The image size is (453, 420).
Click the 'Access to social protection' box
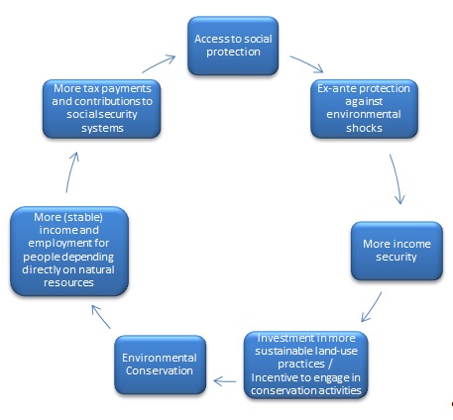pyautogui.click(x=233, y=46)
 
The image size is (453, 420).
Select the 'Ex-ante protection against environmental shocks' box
pyautogui.click(x=364, y=109)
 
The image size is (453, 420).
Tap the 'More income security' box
pyautogui.click(x=396, y=251)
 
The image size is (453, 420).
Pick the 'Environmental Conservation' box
pyautogui.click(x=161, y=365)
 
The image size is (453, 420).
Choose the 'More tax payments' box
pyautogui.click(x=102, y=109)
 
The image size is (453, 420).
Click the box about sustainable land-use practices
pyautogui.click(x=306, y=365)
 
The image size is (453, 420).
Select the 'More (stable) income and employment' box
pyautogui.click(x=69, y=251)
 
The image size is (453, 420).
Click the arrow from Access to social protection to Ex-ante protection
pyautogui.click(x=306, y=64)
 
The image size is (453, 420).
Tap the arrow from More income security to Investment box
pyautogui.click(x=372, y=307)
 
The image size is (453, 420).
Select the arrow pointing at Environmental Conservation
pyautogui.click(x=225, y=381)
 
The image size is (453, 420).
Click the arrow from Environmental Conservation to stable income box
pyautogui.click(x=101, y=317)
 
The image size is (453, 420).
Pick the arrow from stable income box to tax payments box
pyautogui.click(x=71, y=172)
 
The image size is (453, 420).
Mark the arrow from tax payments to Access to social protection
pyautogui.click(x=159, y=64)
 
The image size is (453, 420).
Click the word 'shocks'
pyautogui.click(x=364, y=128)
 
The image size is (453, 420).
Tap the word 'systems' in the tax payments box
pyautogui.click(x=102, y=128)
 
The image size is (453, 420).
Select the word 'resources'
pyautogui.click(x=68, y=282)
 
